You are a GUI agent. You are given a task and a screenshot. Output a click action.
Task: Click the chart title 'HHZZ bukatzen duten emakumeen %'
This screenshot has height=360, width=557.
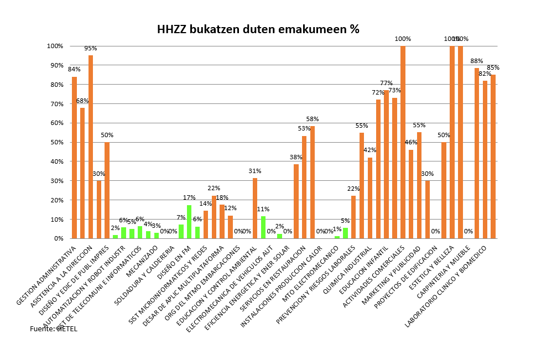pos(258,29)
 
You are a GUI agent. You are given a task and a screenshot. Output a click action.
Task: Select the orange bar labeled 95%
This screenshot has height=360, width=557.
pos(91,147)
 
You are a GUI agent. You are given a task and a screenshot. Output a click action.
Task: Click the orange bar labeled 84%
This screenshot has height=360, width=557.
pos(74,158)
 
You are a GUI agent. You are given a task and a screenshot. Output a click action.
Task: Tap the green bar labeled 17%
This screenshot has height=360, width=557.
pos(189,222)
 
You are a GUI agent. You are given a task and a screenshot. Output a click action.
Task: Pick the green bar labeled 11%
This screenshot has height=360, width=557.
pos(263,227)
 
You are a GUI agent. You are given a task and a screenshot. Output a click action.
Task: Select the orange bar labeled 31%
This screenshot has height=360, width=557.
pos(255,208)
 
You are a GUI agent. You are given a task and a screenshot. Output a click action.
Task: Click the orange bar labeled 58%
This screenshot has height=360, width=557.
pos(313,182)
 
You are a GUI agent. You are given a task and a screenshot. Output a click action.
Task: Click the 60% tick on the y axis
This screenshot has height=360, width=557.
pos(55,123)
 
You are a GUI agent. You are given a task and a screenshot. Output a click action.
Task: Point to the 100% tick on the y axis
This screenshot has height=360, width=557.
pos(54,46)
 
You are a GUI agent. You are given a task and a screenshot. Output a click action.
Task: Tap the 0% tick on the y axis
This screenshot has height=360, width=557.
pos(58,238)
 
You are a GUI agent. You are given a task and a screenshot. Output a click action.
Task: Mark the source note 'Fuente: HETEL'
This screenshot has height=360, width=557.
pos(54,329)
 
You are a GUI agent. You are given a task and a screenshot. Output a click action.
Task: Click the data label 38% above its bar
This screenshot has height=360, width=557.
pos(296,157)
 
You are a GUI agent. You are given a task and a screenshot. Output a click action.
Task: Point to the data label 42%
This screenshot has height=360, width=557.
pos(369,150)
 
